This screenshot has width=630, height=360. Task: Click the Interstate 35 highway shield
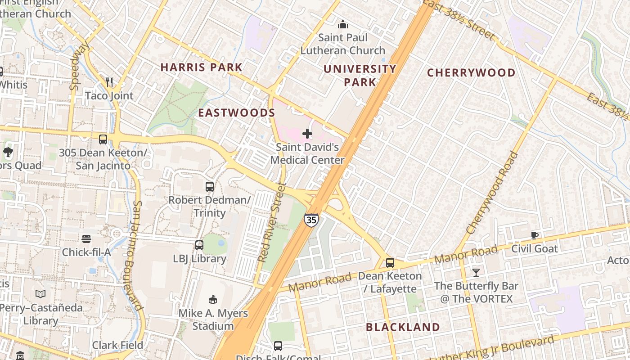coord(311,220)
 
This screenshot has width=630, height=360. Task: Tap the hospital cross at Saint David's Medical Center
coord(307,134)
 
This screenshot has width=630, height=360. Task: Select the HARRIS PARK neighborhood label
coord(201,67)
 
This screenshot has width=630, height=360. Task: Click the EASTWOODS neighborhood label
coord(237,112)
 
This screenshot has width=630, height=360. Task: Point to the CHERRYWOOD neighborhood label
coord(471,72)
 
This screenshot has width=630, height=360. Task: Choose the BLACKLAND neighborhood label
coord(403,327)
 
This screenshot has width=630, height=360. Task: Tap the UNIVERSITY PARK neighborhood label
coord(360,75)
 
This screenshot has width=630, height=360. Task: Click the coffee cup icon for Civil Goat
coord(535,235)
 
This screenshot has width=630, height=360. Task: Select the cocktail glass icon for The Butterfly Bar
coord(476,272)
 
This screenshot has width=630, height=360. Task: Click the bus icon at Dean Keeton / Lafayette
coord(390,263)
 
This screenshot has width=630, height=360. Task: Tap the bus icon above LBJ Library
coord(199,245)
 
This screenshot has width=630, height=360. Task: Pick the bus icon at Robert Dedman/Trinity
coord(210,186)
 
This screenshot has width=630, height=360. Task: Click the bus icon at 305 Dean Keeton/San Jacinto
coord(103,139)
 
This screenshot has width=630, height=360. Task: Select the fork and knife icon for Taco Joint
coord(109,82)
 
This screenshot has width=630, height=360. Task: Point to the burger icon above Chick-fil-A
coord(86,238)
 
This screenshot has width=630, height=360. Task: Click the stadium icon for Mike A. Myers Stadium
coord(213,299)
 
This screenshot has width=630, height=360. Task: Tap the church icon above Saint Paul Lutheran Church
coord(343,24)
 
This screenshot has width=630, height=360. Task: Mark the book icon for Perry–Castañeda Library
coord(40,294)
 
